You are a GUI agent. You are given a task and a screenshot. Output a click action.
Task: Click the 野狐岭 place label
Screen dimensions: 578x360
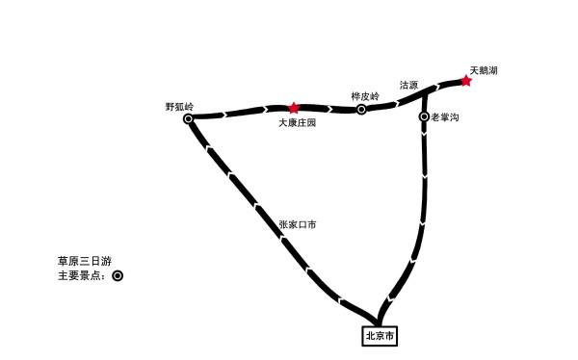[x=180, y=106]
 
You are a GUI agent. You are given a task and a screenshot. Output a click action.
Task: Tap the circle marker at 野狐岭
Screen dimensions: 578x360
[x=189, y=119]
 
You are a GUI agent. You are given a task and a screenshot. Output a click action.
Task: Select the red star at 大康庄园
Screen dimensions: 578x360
[x=294, y=109]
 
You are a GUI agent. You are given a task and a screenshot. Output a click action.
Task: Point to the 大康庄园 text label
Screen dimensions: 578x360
[x=298, y=123]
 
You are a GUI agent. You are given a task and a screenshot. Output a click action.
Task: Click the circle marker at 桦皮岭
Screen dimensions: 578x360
[x=362, y=110]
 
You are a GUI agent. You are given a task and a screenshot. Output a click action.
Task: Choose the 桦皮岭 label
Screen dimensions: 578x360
[x=365, y=96]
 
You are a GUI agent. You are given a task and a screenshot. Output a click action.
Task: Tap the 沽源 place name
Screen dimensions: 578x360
[x=408, y=86]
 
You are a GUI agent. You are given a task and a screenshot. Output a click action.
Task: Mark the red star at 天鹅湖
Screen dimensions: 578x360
[x=466, y=81]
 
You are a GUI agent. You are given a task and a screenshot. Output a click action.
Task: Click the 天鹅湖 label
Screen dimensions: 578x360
[x=484, y=70]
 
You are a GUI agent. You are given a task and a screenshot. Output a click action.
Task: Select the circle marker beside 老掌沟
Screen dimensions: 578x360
[x=425, y=116]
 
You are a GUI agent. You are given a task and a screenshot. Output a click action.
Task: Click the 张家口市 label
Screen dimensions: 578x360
[x=298, y=224]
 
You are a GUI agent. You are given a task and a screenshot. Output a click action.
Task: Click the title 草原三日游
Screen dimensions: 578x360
[x=86, y=261]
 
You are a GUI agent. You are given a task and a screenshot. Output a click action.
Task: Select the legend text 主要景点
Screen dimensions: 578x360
[x=83, y=276]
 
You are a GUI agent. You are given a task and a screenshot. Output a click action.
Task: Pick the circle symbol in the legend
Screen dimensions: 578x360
[x=118, y=276]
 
